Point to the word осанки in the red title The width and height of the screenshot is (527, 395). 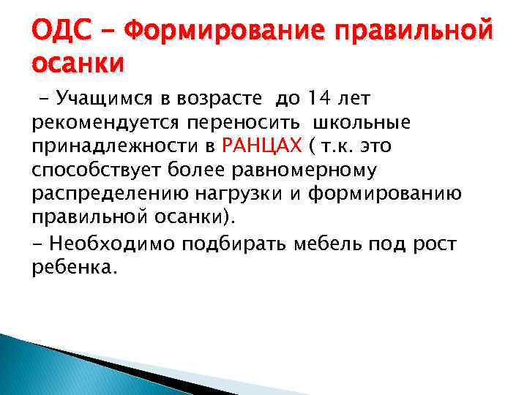pyautogui.click(x=78, y=63)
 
